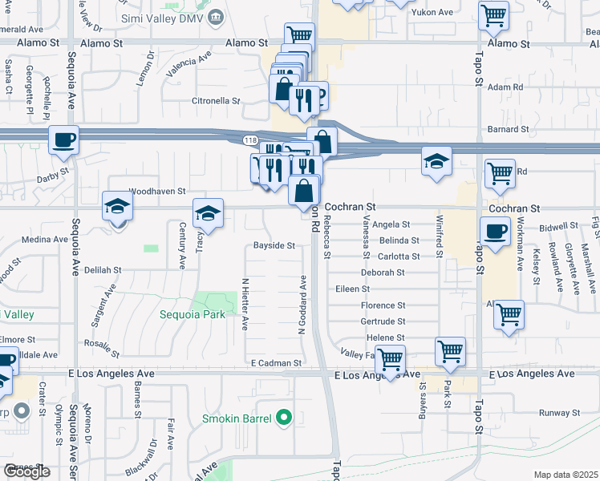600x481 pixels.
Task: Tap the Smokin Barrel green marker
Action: point(282,418)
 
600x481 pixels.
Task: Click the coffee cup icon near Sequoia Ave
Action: point(63,140)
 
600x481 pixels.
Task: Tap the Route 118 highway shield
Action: point(250,140)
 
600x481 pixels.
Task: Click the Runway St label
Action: point(558,413)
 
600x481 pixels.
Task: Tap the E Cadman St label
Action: point(275,363)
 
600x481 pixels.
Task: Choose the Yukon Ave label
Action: point(433,13)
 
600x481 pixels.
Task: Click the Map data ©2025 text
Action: point(566,475)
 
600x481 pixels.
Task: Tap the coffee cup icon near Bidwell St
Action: point(493,232)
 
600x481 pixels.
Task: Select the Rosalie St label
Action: point(102,349)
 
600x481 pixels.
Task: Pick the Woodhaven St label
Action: point(157,192)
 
